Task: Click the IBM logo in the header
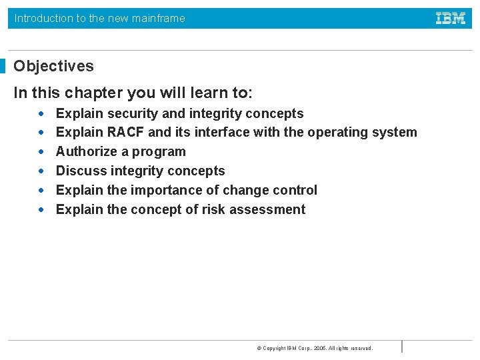tap(451, 19)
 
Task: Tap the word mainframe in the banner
tap(159, 19)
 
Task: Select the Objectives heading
tap(54, 66)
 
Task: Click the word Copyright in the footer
tap(274, 348)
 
